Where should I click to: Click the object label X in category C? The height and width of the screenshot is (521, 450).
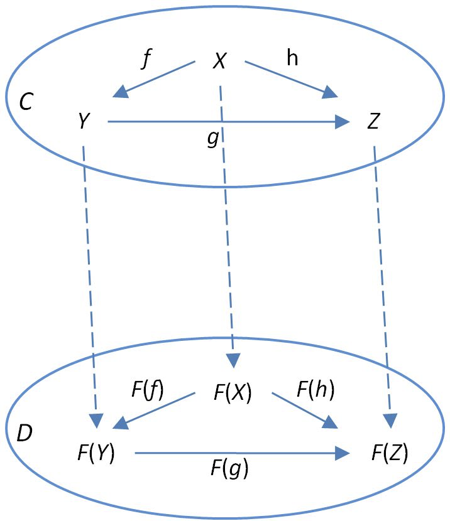point(219,61)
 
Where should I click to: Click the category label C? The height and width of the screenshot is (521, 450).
point(26,103)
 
